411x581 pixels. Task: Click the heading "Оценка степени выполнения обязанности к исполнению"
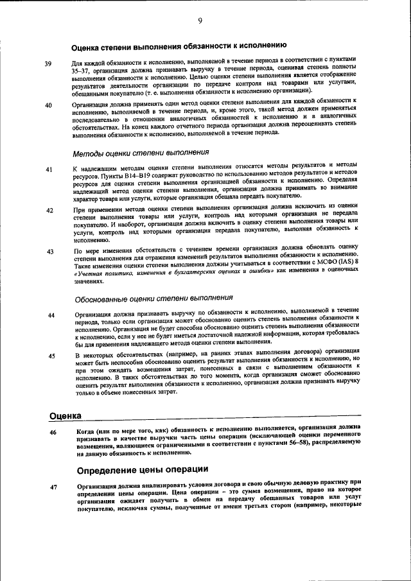pos(179,46)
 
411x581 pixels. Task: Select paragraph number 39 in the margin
pos(48,64)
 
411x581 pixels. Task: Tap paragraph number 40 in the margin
pos(49,105)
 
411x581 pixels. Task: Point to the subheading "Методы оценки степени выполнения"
pos(141,153)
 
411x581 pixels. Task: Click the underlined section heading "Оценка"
pos(65,415)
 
